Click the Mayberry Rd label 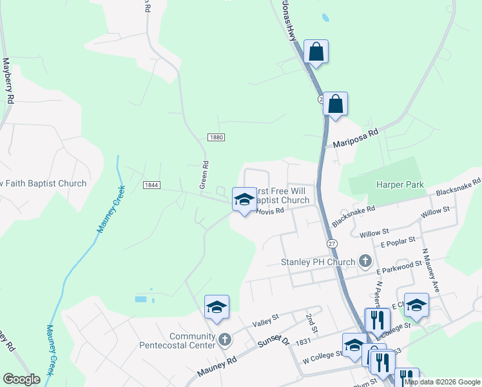8,81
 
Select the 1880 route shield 216,137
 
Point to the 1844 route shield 151,185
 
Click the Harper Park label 400,184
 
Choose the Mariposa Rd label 354,138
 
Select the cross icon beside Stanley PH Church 365,262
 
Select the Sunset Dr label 274,340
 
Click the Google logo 21,379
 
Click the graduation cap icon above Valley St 217,307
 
